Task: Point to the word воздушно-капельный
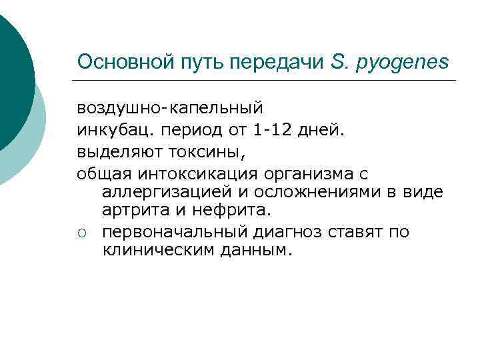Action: coord(170,107)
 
